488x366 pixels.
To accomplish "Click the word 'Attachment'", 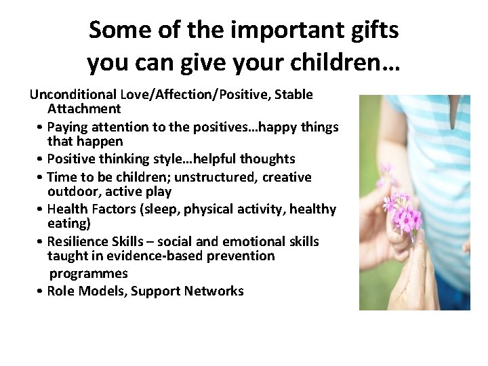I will click(x=84, y=108).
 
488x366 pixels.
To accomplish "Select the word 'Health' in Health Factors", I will click(x=68, y=209).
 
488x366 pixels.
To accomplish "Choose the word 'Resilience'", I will click(x=79, y=241).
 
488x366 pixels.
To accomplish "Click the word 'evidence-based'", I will click(x=142, y=256).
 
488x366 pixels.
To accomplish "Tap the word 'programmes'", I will click(x=88, y=273).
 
